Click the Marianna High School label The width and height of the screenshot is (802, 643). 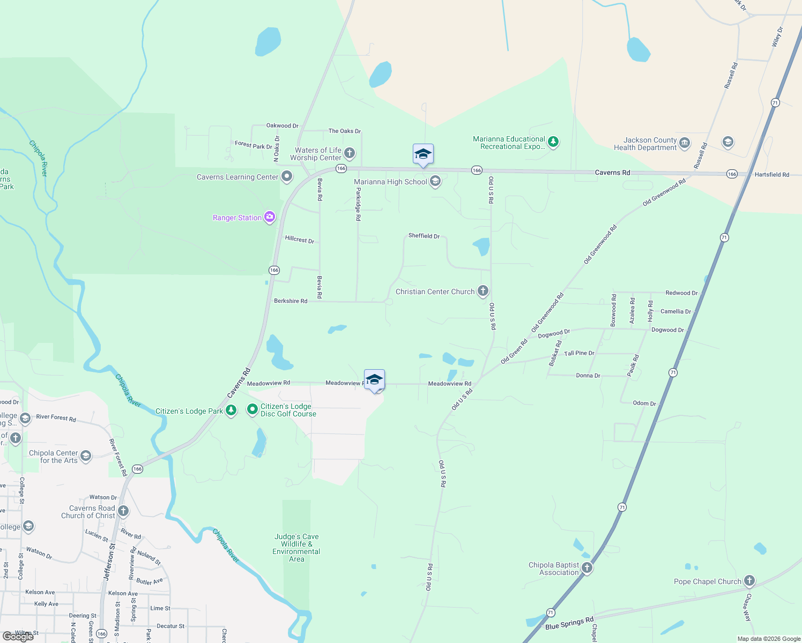point(390,182)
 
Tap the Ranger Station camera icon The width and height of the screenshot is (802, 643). point(270,217)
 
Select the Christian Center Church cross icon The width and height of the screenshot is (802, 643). point(482,291)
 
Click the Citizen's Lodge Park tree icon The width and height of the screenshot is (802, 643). point(231,410)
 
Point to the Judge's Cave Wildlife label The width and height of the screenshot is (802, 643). point(296,548)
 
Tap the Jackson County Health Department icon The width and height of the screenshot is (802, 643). point(685,143)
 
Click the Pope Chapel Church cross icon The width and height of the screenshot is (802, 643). point(749,581)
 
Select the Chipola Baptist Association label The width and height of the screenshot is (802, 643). point(554,569)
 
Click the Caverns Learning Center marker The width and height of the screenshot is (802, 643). point(287,176)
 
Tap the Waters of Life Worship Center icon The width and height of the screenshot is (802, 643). point(350,153)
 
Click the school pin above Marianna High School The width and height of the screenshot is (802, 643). point(423,154)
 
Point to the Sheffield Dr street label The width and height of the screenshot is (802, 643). point(424,236)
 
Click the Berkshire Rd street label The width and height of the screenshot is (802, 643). point(291,301)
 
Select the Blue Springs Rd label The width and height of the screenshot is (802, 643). point(569,623)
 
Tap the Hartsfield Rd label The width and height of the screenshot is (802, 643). point(771,175)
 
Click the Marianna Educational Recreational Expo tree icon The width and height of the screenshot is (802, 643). point(553,142)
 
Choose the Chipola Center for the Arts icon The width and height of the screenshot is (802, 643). point(86,456)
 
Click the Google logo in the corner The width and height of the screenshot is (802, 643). point(18,637)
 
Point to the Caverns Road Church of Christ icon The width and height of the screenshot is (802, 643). point(123,511)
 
